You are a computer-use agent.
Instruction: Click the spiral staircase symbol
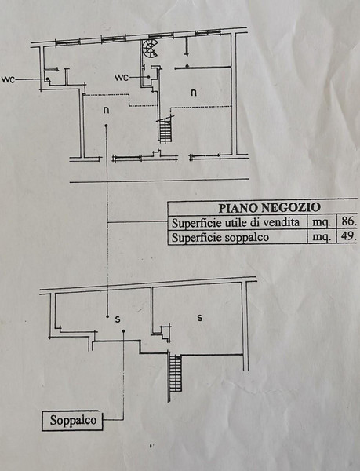(150, 49)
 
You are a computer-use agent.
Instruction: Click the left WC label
(8, 79)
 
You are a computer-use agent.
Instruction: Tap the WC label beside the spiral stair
(122, 78)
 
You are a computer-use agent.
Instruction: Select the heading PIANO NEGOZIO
(269, 208)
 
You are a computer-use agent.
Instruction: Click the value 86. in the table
(349, 221)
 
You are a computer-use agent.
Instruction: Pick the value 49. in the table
(348, 236)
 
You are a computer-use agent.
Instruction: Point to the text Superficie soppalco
(220, 238)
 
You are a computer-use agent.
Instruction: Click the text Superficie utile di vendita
(235, 223)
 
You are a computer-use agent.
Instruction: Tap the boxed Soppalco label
(72, 420)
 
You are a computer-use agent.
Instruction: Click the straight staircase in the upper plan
(165, 130)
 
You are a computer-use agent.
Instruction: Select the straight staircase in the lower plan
(175, 373)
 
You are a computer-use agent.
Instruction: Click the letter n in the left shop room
(106, 110)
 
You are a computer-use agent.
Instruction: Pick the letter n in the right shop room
(194, 92)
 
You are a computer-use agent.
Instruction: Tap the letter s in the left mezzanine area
(118, 319)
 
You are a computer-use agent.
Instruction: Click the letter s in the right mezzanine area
(200, 317)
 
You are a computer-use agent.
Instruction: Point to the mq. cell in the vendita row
(322, 223)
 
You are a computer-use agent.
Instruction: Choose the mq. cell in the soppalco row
(322, 237)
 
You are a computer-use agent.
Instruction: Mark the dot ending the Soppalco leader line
(124, 331)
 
